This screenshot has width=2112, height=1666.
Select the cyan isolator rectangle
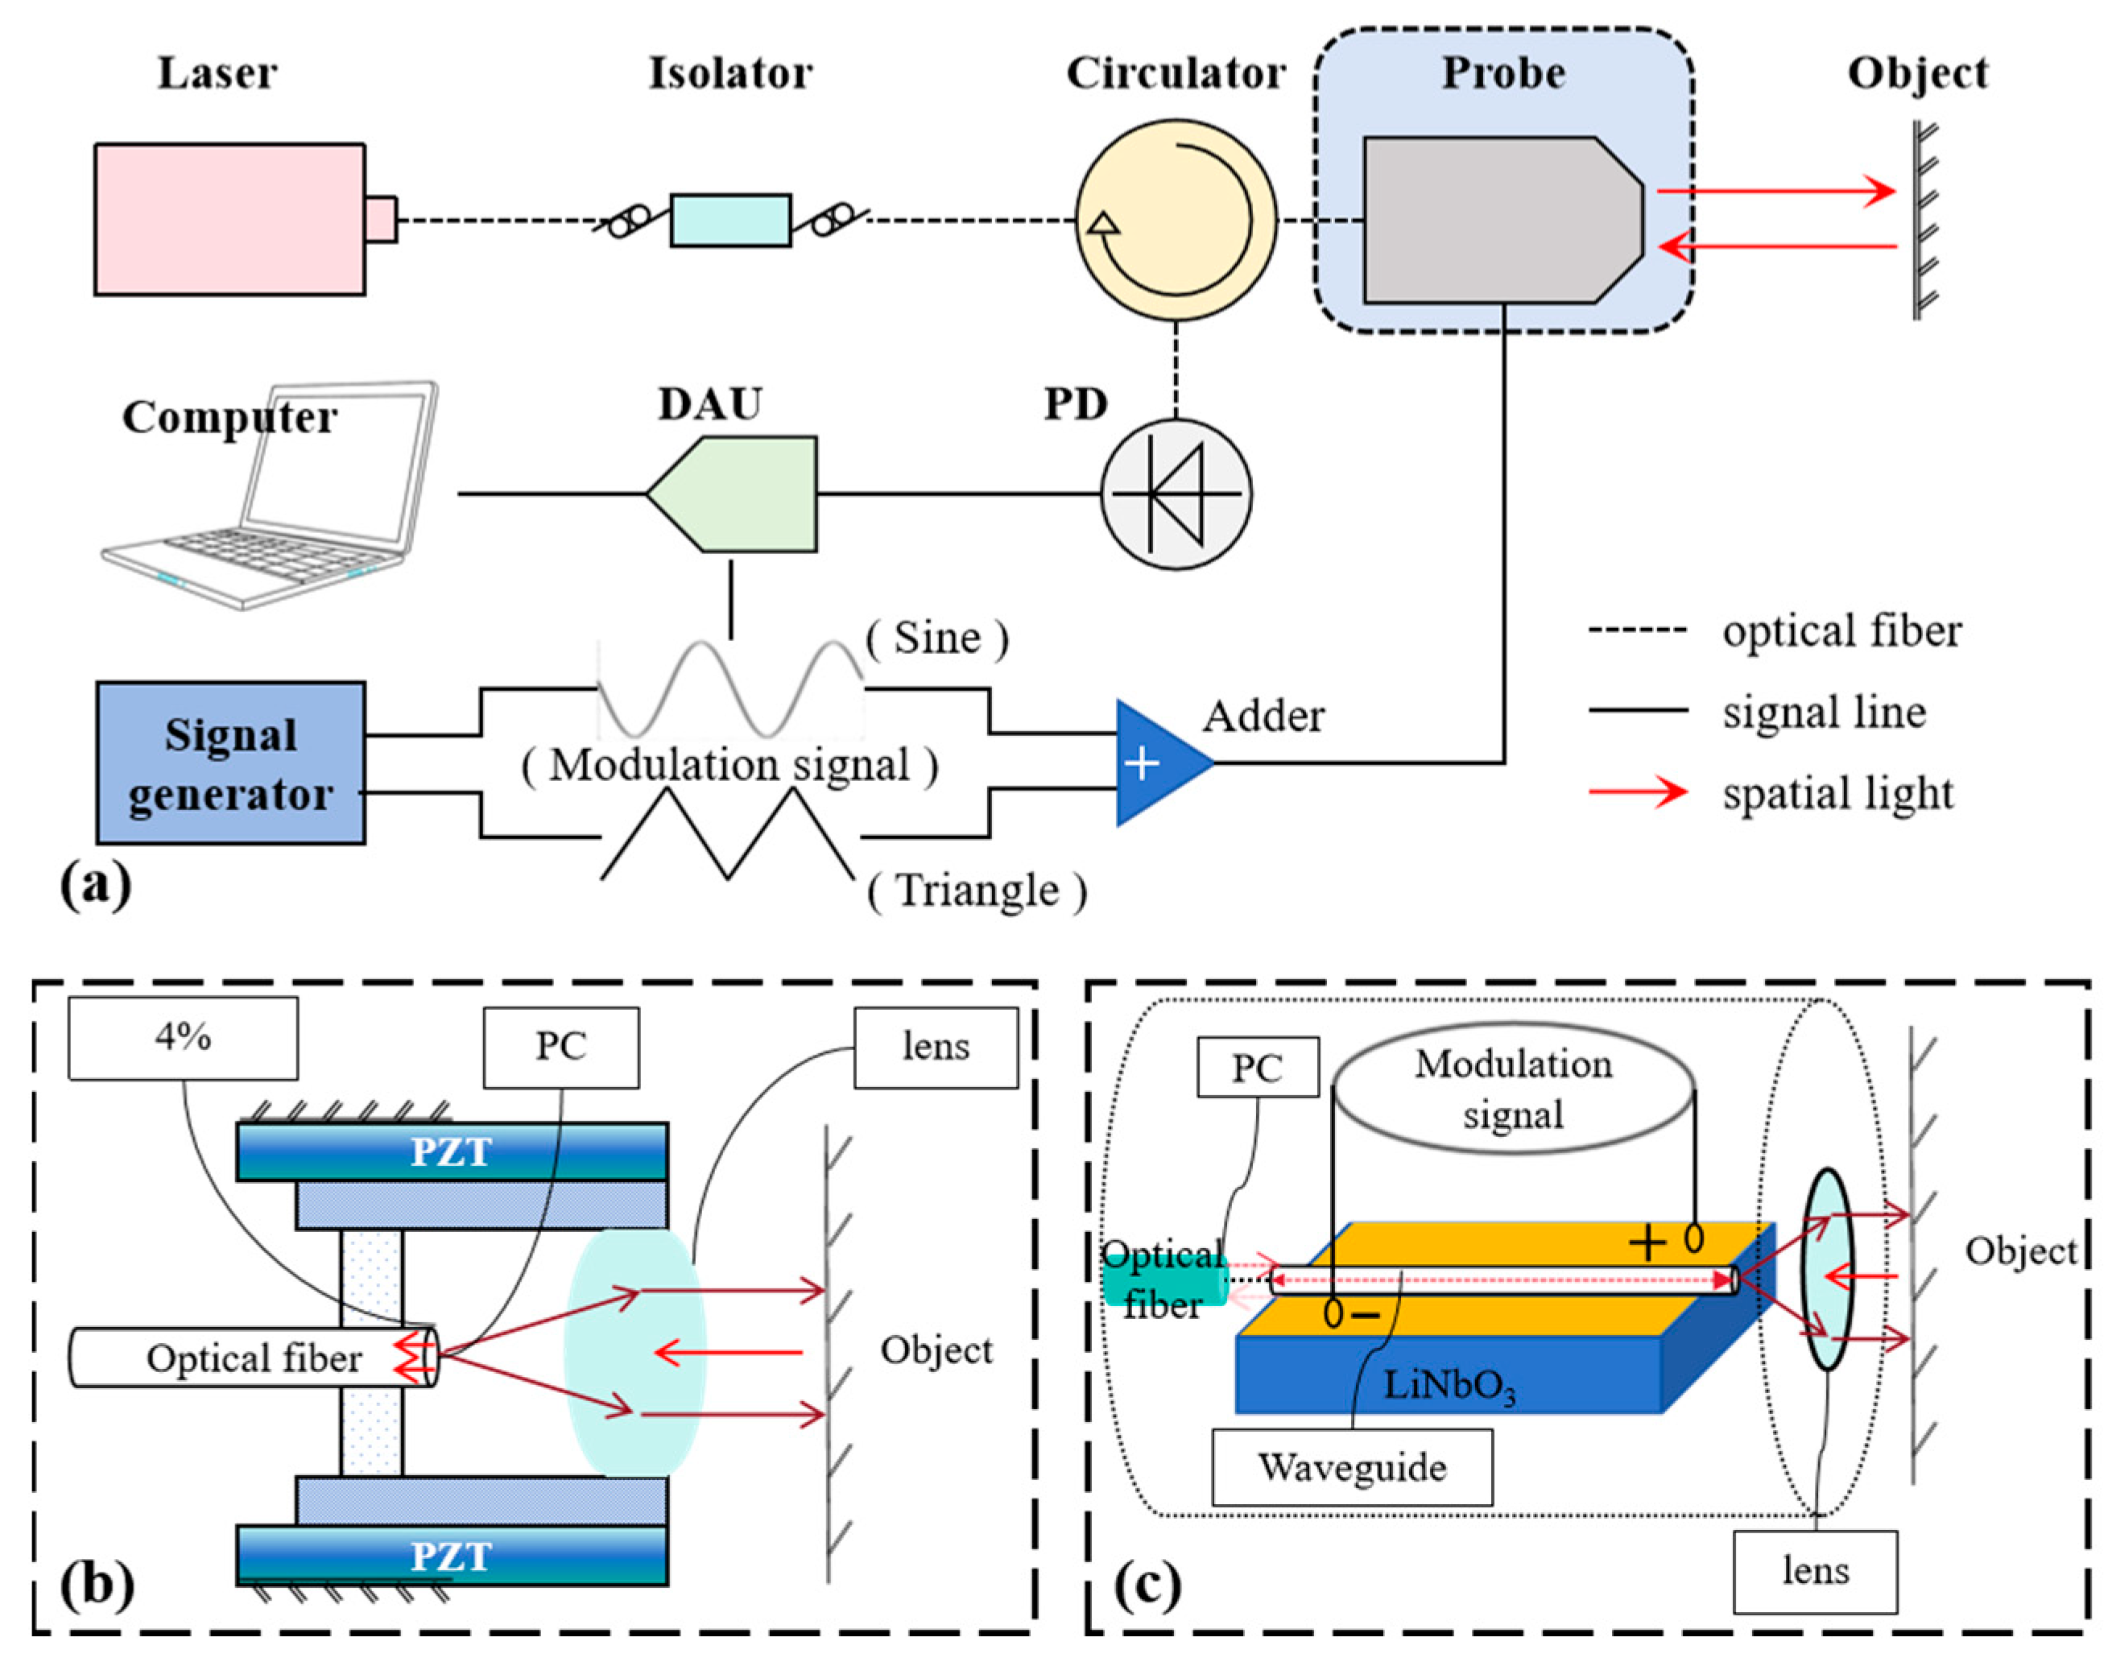pyautogui.click(x=729, y=221)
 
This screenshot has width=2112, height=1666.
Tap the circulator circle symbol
pyautogui.click(x=1176, y=221)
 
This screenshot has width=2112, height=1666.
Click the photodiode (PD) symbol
pyautogui.click(x=1176, y=494)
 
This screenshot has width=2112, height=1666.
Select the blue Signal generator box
pyautogui.click(x=230, y=763)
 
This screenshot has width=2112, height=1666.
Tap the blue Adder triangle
pyautogui.click(x=1156, y=763)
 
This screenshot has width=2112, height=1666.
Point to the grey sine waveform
pyautogui.click(x=729, y=688)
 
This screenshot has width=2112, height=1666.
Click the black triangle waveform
pyautogui.click(x=728, y=834)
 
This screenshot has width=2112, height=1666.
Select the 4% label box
pyautogui.click(x=183, y=1038)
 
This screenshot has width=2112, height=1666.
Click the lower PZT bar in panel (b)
pyautogui.click(x=452, y=1556)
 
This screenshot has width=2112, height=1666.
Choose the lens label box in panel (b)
pyautogui.click(x=936, y=1048)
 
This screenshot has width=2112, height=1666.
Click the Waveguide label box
pyautogui.click(x=1351, y=1468)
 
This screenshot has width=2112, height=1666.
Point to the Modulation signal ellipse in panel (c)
pyautogui.click(x=1513, y=1090)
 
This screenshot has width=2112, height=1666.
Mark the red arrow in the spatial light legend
pyautogui.click(x=1638, y=792)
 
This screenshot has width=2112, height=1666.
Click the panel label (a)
pyautogui.click(x=96, y=886)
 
